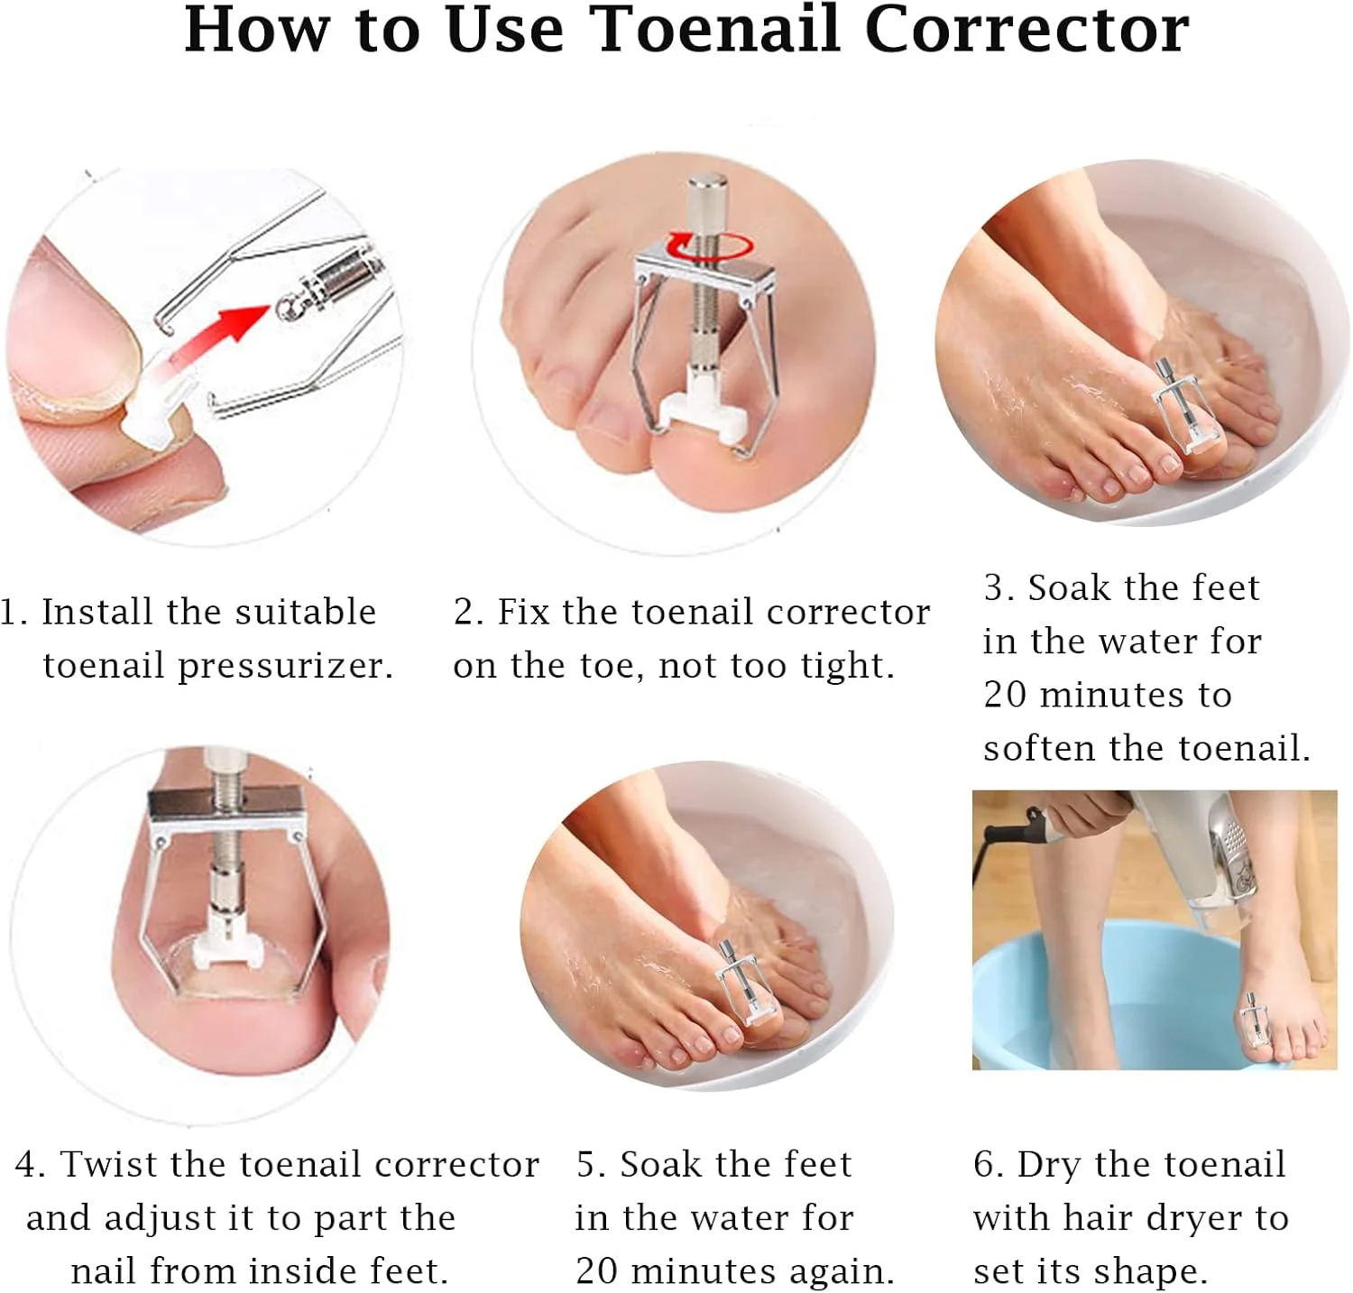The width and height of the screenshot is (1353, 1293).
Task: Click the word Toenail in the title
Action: pos(718,29)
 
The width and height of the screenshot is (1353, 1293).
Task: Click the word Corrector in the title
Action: pos(1027,29)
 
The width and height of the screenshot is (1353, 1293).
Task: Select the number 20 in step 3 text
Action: pos(1005,695)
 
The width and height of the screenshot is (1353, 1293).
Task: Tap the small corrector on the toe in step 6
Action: pos(1252,1021)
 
